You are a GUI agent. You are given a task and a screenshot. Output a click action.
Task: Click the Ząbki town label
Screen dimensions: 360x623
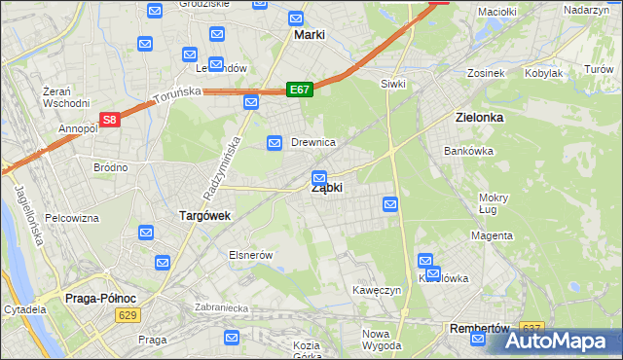click(x=326, y=189)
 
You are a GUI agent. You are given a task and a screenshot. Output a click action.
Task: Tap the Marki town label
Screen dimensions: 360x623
click(x=309, y=35)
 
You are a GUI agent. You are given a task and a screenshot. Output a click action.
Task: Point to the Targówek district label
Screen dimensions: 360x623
click(x=203, y=215)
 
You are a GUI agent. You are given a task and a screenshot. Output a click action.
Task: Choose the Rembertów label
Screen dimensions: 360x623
click(x=481, y=329)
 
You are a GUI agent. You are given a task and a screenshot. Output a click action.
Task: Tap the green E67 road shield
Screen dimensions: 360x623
click(x=299, y=90)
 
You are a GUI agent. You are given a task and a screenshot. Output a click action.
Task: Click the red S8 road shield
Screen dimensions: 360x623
click(x=110, y=121)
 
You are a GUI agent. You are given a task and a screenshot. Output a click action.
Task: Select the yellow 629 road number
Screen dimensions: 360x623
click(x=126, y=315)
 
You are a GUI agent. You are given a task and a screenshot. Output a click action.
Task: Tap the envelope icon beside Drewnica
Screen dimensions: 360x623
click(x=275, y=143)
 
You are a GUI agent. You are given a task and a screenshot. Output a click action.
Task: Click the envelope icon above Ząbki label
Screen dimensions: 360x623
click(x=319, y=178)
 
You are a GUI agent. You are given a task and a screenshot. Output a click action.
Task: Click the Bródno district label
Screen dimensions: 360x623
click(x=110, y=167)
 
